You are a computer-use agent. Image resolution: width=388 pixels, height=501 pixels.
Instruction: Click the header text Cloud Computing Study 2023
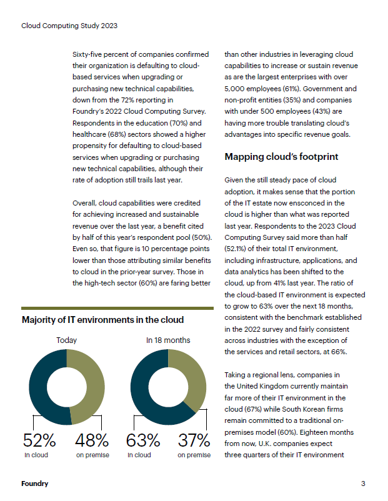tap(69, 26)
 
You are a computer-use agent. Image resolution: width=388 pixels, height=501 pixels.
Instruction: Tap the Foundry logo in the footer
tap(34, 484)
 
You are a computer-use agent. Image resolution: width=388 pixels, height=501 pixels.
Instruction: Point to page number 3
tap(363, 484)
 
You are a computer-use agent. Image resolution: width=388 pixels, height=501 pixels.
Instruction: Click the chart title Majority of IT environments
tap(102, 320)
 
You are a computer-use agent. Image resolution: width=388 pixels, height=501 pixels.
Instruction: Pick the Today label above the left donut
tap(66, 340)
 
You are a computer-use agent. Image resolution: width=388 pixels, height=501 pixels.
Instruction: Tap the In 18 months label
tap(168, 340)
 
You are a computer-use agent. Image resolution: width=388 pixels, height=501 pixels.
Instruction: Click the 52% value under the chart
tap(41, 440)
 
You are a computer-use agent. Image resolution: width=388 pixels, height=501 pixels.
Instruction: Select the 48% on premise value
tap(92, 440)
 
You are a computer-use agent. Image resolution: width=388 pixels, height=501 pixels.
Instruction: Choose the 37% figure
tap(193, 440)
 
